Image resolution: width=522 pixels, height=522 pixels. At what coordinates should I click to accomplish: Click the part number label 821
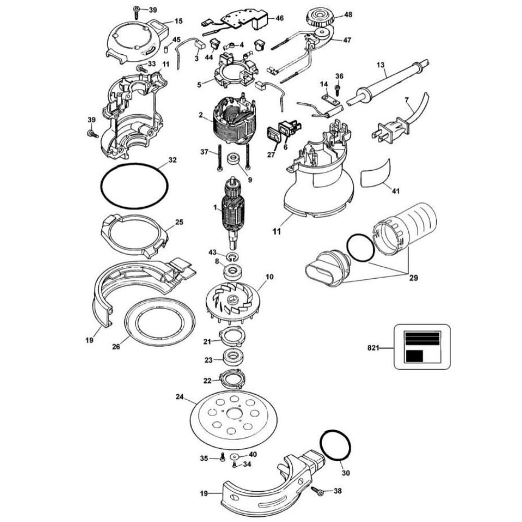(x=373, y=348)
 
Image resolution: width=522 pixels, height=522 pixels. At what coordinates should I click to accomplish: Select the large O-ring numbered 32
(x=134, y=186)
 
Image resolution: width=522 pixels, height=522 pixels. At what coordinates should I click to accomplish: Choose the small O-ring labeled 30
(x=336, y=445)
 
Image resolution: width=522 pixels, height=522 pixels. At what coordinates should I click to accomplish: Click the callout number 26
(x=116, y=347)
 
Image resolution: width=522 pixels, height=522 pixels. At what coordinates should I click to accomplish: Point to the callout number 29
(x=413, y=278)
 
